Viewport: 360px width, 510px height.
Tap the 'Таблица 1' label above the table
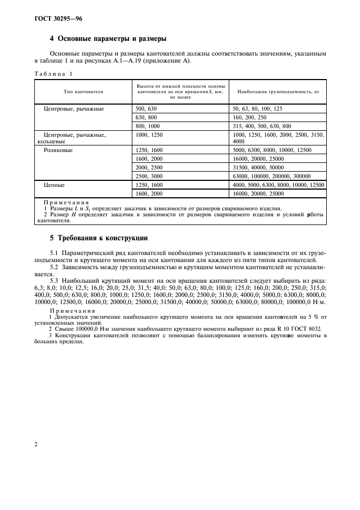tap(53, 74)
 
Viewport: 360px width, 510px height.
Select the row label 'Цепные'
tap(54, 185)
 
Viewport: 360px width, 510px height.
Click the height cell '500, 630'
tap(145, 109)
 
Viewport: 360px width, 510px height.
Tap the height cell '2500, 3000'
tap(149, 177)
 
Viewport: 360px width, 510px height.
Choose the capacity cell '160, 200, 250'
tap(249, 117)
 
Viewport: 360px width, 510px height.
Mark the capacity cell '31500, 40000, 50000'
tap(258, 167)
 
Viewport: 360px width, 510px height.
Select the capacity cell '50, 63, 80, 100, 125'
tap(257, 109)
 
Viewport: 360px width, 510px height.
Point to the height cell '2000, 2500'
tap(149, 167)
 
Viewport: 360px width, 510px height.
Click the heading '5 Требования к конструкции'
tap(99, 238)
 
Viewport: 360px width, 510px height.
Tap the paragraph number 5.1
tap(54, 254)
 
